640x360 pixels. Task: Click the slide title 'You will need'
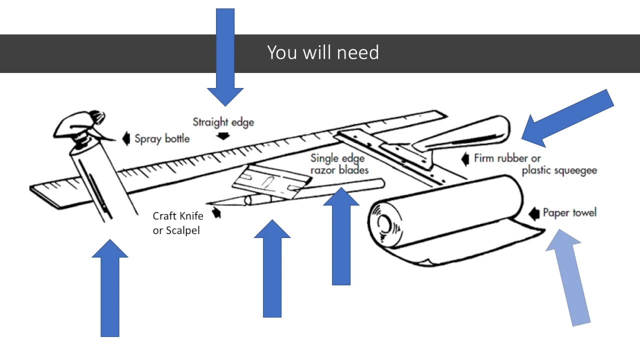pyautogui.click(x=323, y=52)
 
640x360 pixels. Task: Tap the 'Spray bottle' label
pyautogui.click(x=162, y=138)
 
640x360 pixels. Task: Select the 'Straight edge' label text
pyautogui.click(x=223, y=121)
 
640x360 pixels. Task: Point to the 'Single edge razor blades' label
pyautogui.click(x=339, y=164)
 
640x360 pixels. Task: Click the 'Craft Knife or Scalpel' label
pyautogui.click(x=177, y=223)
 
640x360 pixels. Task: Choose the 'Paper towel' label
pyautogui.click(x=569, y=212)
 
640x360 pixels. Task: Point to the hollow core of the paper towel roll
pyautogui.click(x=383, y=223)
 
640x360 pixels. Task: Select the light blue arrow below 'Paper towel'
pyautogui.click(x=569, y=275)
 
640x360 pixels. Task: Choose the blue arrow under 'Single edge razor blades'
pyautogui.click(x=341, y=235)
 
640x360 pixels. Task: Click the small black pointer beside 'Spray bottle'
pyautogui.click(x=126, y=138)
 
